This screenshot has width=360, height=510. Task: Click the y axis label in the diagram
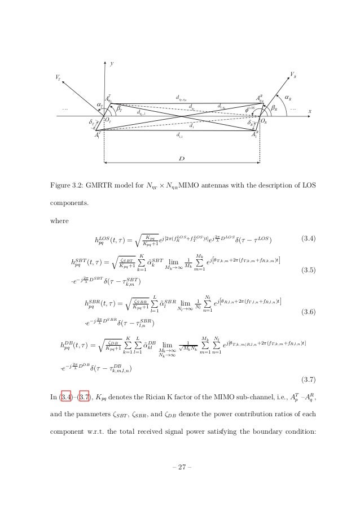click(111, 64)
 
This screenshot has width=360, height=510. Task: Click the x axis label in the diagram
click(309, 111)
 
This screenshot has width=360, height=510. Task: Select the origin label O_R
click(264, 121)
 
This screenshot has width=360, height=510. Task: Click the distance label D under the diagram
click(181, 159)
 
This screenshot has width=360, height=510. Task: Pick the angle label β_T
click(119, 109)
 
